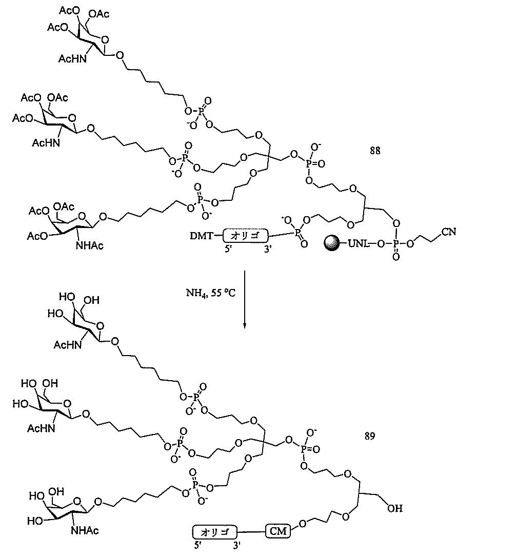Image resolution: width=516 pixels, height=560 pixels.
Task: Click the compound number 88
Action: pyautogui.click(x=375, y=151)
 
